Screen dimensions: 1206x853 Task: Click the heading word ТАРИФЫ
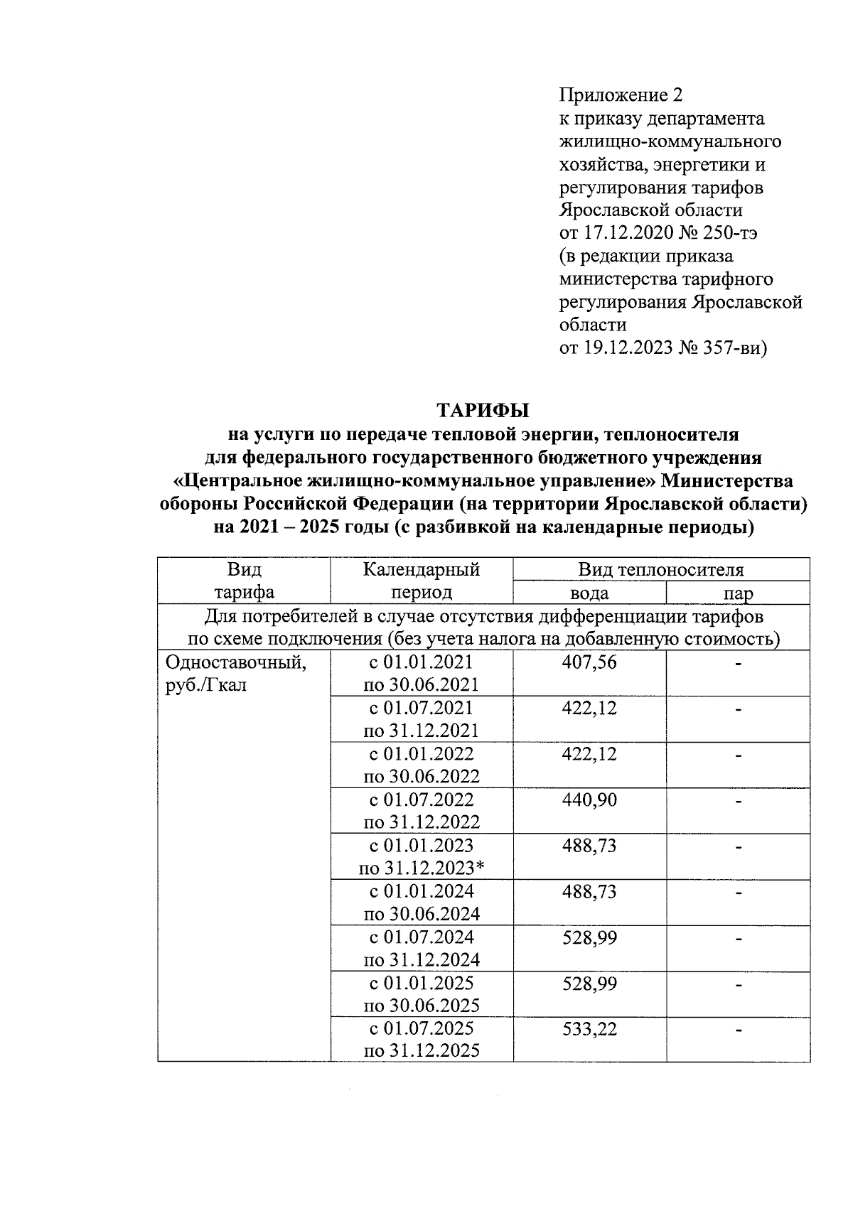[483, 411]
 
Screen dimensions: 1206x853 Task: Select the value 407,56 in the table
[589, 662]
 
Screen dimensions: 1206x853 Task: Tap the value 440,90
[589, 800]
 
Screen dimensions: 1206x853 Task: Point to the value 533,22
[589, 1029]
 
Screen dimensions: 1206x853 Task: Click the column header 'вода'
[589, 593]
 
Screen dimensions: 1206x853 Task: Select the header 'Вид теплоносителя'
[661, 570]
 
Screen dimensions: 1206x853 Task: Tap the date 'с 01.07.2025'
[422, 1029]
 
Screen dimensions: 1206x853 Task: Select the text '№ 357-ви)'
[729, 348]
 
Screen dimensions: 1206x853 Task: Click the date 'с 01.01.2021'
[422, 662]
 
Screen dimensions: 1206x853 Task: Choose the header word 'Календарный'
[422, 570]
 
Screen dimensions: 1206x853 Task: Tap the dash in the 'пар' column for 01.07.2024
[739, 939]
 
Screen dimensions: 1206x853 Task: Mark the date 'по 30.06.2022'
[422, 776]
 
